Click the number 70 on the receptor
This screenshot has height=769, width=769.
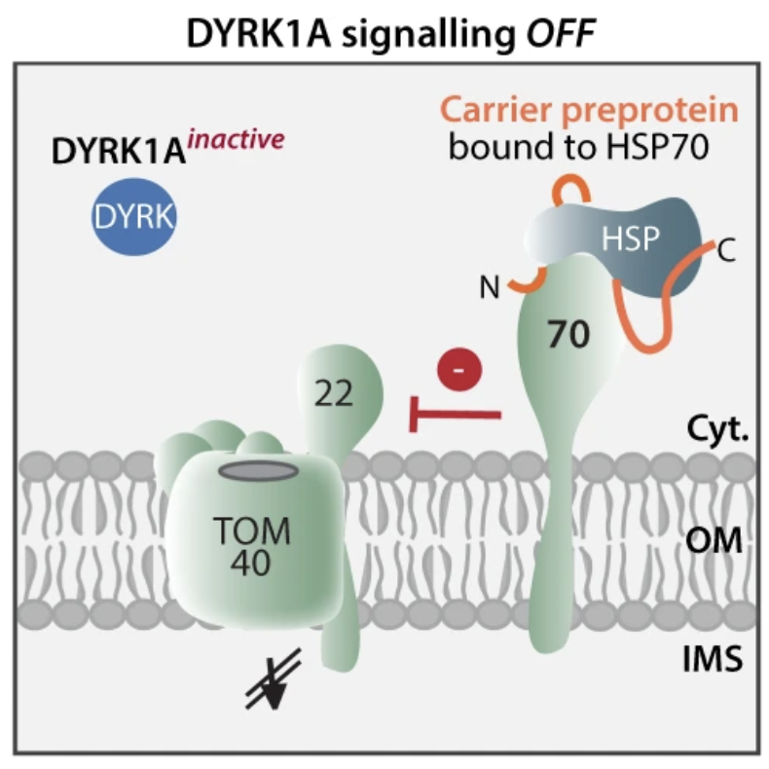click(568, 336)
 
